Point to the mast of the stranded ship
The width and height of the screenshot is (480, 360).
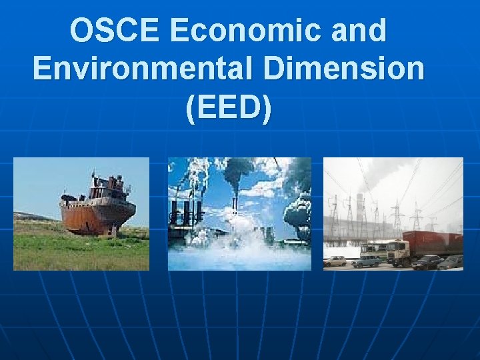(x=93, y=177)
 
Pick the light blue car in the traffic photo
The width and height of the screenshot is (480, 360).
(x=366, y=261)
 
